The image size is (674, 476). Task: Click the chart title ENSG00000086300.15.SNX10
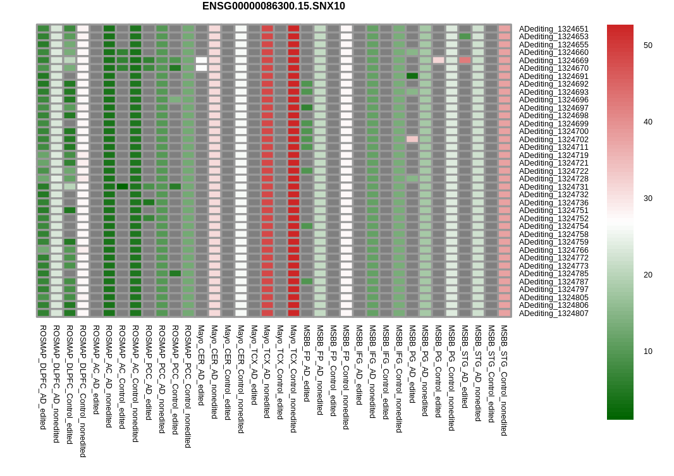tap(273, 6)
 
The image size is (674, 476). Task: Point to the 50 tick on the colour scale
tap(648, 46)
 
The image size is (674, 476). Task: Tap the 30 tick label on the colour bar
tap(648, 198)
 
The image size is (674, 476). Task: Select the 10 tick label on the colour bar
tap(648, 351)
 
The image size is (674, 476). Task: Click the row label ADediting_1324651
tap(554, 29)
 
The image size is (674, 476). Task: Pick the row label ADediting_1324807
tap(554, 313)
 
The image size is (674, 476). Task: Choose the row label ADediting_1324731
tap(554, 187)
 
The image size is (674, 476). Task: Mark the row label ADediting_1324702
tap(554, 140)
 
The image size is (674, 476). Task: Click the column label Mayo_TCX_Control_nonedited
tap(293, 379)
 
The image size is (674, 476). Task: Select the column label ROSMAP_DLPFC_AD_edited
tap(43, 377)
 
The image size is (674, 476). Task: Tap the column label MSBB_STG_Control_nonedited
tap(504, 381)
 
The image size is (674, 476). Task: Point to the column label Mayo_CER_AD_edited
tap(200, 365)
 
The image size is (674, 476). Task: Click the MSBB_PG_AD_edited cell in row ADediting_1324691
tap(412, 76)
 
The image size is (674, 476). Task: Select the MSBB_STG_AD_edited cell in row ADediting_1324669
tap(465, 60)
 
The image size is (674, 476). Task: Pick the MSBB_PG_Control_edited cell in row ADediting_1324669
tap(438, 60)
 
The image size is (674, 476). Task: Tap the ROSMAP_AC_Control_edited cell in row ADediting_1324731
tap(123, 186)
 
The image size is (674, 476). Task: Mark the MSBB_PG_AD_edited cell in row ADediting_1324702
tap(412, 139)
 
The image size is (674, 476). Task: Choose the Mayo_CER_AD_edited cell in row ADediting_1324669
tap(201, 60)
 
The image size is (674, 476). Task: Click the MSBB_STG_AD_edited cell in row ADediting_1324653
tap(465, 37)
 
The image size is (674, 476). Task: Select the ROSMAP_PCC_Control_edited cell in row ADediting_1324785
tap(175, 273)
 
